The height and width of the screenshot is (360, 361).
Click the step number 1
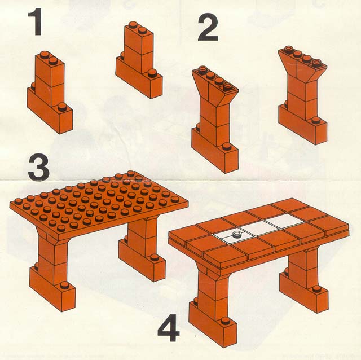[x=35, y=22]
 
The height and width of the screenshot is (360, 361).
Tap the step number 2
[x=208, y=27]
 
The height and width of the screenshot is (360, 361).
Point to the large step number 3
[x=38, y=166]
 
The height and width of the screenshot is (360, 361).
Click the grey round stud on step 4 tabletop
[x=236, y=234]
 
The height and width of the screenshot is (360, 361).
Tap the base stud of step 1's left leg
[x=61, y=107]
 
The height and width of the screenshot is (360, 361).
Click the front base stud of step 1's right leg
[x=152, y=73]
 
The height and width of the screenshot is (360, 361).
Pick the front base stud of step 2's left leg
[x=226, y=147]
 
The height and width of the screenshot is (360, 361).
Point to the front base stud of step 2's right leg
[x=316, y=121]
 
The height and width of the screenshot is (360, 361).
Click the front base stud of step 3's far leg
[x=155, y=258]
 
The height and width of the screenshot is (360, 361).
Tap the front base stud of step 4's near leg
[x=225, y=321]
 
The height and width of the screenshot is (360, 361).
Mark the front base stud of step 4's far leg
[x=317, y=288]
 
